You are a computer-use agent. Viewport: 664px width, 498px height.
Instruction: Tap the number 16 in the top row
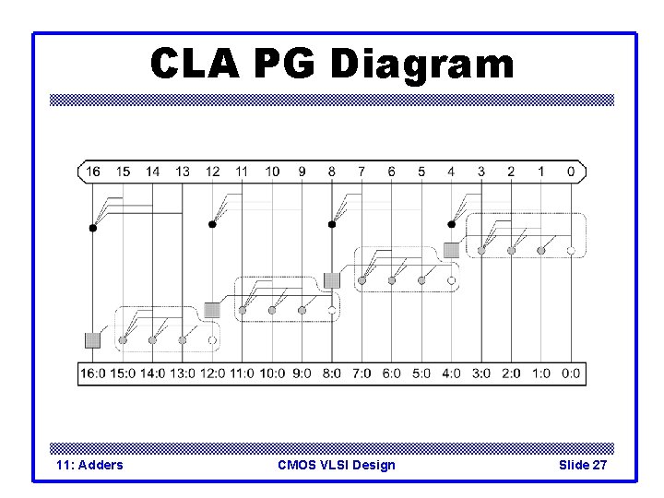click(93, 172)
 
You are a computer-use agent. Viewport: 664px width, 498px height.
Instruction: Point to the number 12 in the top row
click(213, 172)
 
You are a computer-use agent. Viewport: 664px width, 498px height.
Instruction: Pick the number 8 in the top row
click(332, 172)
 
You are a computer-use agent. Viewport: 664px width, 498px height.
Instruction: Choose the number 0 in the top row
click(571, 172)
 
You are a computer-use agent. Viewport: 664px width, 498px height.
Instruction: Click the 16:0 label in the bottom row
click(94, 374)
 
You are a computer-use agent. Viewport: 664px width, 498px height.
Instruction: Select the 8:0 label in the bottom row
click(332, 374)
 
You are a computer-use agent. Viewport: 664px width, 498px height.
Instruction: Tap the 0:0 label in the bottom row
click(571, 374)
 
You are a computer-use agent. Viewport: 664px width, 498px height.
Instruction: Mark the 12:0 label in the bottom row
click(213, 374)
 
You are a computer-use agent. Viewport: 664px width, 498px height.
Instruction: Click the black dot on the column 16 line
click(92, 227)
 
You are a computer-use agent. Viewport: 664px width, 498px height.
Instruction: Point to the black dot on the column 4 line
click(451, 224)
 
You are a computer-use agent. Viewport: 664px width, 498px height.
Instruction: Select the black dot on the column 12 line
click(212, 224)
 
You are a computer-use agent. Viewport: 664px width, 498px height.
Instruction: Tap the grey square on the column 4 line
click(451, 250)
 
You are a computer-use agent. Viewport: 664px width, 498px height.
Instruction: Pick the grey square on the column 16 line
click(92, 340)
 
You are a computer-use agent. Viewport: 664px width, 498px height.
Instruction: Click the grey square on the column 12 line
click(212, 310)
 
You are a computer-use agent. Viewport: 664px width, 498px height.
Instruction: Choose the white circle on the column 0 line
click(571, 251)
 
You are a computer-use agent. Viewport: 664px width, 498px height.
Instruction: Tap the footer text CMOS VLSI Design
click(337, 465)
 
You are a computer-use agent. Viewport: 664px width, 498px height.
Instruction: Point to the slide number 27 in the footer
click(599, 465)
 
